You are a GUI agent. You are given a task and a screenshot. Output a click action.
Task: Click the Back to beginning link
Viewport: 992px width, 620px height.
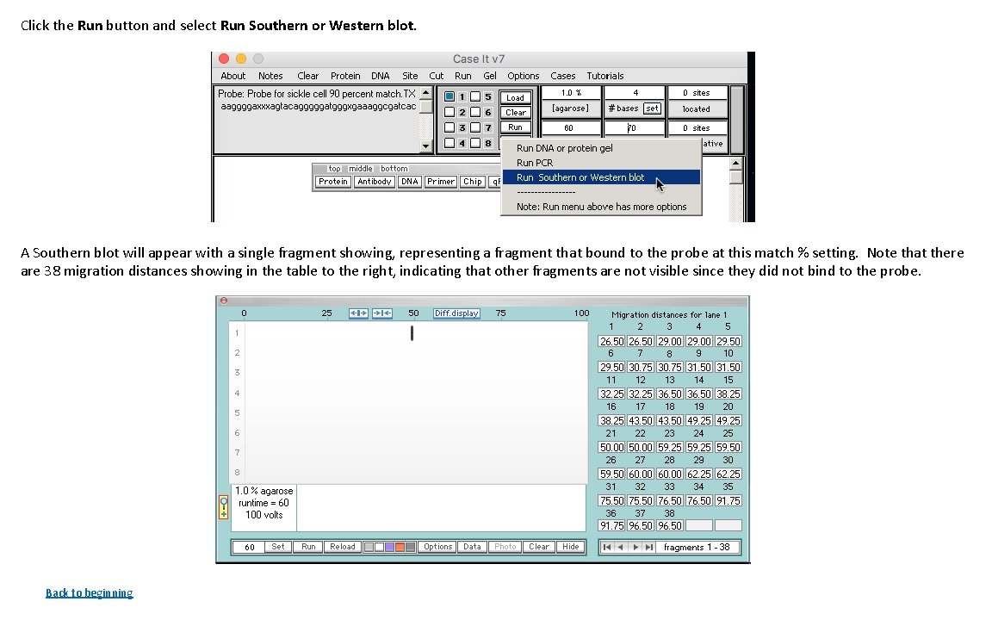[89, 592]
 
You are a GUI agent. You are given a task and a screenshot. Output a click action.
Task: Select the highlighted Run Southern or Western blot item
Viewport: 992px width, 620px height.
[580, 177]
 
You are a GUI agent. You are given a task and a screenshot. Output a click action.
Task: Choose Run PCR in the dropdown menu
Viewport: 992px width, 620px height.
[535, 163]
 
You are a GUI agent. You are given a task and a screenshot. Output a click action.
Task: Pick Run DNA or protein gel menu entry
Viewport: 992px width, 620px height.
[564, 148]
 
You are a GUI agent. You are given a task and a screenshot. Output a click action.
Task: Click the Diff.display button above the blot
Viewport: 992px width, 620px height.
[456, 313]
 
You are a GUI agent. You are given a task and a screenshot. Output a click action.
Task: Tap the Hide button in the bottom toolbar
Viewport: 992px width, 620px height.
[570, 547]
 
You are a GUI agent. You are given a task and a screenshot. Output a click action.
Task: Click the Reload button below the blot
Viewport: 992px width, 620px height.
[342, 547]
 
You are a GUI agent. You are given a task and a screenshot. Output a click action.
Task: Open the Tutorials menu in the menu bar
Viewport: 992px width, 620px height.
[604, 76]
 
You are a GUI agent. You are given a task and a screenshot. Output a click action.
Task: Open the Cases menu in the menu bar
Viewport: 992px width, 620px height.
[562, 76]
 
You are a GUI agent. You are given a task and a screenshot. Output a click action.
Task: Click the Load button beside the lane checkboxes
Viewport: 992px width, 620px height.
[515, 97]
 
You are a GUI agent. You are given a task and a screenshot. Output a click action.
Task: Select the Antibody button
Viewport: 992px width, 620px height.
[375, 182]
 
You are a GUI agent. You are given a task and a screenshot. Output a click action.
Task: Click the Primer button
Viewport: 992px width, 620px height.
[441, 182]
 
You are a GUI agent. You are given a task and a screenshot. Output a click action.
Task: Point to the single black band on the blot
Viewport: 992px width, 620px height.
[412, 333]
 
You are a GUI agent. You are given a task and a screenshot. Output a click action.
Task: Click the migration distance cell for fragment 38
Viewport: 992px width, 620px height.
[670, 526]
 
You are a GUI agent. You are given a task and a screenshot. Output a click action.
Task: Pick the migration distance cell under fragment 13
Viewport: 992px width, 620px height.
[670, 394]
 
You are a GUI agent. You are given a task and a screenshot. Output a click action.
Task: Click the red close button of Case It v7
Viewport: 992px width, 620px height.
[224, 59]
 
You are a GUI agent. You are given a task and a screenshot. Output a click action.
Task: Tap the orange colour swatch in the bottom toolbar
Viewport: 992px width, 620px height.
[400, 547]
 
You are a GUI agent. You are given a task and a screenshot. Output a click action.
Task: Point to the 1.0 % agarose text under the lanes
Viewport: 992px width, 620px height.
[264, 491]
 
